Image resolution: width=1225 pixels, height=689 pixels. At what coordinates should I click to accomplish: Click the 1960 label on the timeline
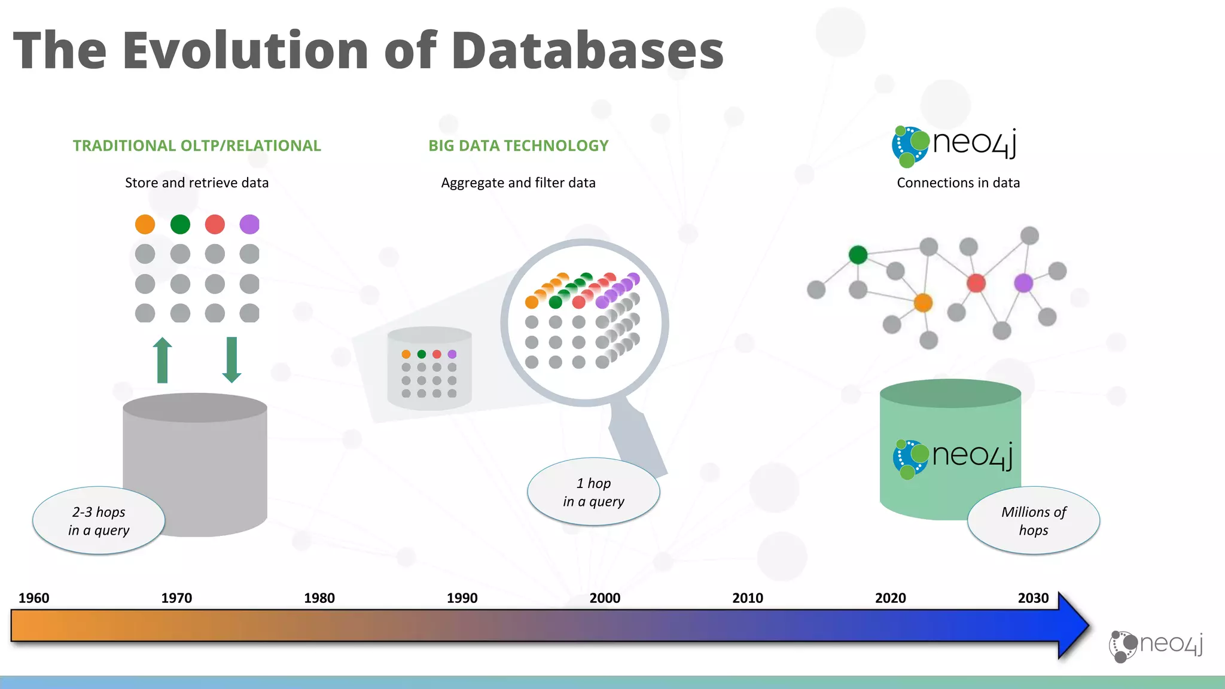tap(33, 597)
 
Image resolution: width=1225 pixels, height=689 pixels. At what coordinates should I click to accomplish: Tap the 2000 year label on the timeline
tap(605, 597)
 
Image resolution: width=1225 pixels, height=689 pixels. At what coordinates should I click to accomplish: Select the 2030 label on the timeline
tap(1033, 597)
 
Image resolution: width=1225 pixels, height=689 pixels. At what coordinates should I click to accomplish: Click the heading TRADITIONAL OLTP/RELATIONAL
tap(197, 145)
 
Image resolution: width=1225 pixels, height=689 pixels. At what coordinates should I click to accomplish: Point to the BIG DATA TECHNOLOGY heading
tap(518, 145)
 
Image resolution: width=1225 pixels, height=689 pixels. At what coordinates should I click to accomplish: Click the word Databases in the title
tap(587, 50)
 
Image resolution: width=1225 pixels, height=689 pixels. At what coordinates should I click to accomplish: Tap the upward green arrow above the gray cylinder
tap(162, 360)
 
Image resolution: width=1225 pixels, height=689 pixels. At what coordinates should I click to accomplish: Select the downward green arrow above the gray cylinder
tap(231, 360)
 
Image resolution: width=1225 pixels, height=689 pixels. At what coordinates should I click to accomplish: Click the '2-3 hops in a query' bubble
tap(99, 520)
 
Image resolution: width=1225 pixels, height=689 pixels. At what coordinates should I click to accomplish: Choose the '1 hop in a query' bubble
tap(593, 492)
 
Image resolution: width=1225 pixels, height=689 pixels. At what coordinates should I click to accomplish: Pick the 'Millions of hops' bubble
tap(1033, 520)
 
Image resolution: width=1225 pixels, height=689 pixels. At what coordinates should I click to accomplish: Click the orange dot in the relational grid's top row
tap(145, 224)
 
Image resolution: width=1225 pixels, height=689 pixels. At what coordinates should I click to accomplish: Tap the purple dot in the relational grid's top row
tap(249, 224)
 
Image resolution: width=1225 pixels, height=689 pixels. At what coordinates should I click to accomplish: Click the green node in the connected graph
tap(858, 255)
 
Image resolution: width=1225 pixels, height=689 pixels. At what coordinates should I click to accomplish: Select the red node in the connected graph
tap(976, 283)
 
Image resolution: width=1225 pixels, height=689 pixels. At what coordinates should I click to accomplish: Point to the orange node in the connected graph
tap(923, 303)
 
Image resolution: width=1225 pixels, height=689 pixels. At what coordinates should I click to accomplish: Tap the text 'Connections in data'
tap(958, 182)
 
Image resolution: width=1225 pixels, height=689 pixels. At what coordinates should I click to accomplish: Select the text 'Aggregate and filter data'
tap(518, 182)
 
